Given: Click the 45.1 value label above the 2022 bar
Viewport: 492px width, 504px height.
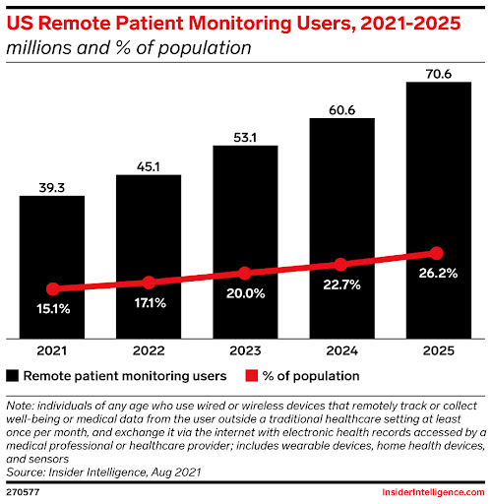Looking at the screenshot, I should tap(149, 163).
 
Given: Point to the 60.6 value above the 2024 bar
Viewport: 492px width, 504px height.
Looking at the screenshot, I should tap(341, 106).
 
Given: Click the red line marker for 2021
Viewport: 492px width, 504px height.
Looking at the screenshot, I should tap(52, 289).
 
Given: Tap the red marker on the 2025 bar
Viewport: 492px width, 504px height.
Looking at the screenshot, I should tap(438, 254).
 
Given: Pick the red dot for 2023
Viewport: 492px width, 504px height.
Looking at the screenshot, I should tap(245, 273).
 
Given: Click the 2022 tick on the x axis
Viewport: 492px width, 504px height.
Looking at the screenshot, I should tap(149, 350).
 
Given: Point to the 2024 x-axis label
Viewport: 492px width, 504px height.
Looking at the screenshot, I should tap(341, 350).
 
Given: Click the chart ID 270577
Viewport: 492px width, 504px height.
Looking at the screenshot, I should tap(23, 490).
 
